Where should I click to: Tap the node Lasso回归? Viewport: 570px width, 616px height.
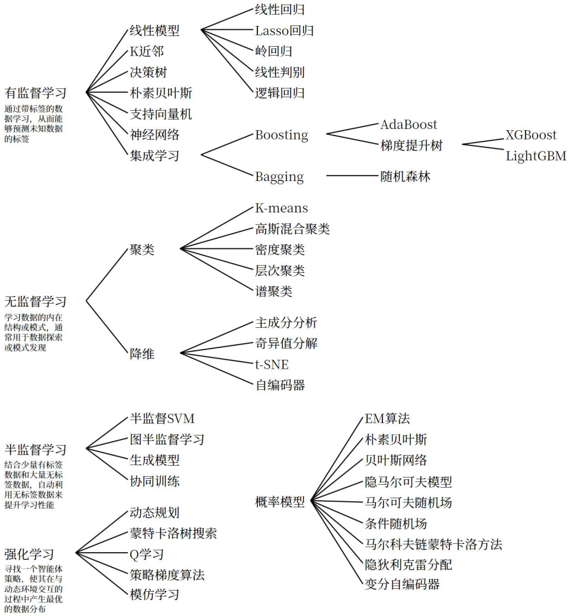[x=284, y=30]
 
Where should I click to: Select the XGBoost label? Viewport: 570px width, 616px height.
[x=530, y=135]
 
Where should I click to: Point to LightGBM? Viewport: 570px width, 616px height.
[x=535, y=156]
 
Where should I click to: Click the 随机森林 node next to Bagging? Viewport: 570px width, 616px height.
[x=405, y=176]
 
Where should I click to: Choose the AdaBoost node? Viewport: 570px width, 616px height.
[x=408, y=125]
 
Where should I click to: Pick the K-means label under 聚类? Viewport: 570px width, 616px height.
[x=281, y=208]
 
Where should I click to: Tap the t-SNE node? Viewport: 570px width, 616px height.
[x=271, y=364]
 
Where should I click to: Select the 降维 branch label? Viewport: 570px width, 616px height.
[x=142, y=354]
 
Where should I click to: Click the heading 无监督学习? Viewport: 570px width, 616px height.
[x=35, y=302]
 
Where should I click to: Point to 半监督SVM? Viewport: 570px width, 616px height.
[x=162, y=418]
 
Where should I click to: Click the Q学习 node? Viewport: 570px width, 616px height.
[x=147, y=554]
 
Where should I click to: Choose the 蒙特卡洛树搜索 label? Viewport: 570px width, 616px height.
[x=173, y=534]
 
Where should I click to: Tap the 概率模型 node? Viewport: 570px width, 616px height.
[x=279, y=502]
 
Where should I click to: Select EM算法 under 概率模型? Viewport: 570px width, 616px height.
[x=387, y=418]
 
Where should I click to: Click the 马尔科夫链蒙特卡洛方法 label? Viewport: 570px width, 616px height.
[x=433, y=544]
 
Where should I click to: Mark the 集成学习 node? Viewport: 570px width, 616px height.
[x=154, y=156]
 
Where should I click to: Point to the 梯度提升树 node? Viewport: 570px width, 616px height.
[x=412, y=145]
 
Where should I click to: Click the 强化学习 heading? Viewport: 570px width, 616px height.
[x=29, y=554]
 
